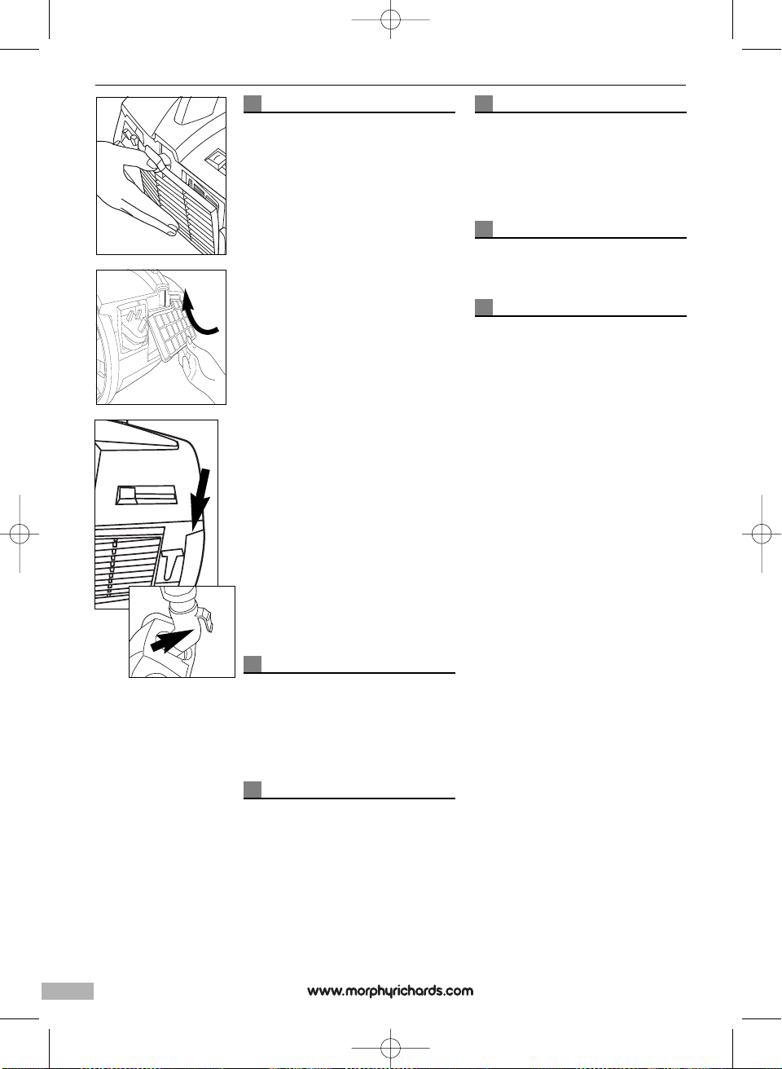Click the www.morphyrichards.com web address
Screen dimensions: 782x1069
390,991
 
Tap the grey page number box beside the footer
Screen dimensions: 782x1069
68,990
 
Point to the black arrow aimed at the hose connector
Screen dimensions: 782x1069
172,640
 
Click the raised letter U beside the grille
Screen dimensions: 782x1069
169,566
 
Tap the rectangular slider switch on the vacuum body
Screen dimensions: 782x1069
146,495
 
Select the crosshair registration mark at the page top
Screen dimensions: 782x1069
391,20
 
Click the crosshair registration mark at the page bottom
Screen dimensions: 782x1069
391,1048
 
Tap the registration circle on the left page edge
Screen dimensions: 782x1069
20,534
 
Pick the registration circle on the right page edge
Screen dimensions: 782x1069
762,534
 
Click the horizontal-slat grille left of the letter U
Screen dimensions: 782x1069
127,567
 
